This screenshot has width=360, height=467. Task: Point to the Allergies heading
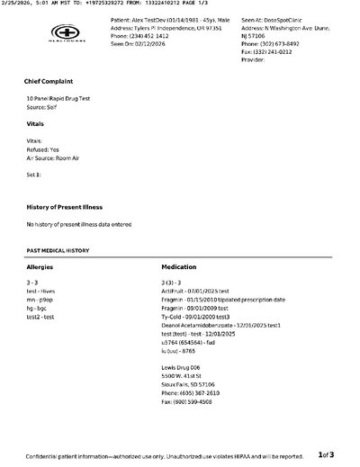[x=41, y=268]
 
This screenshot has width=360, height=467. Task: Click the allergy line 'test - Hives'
[x=43, y=291]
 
